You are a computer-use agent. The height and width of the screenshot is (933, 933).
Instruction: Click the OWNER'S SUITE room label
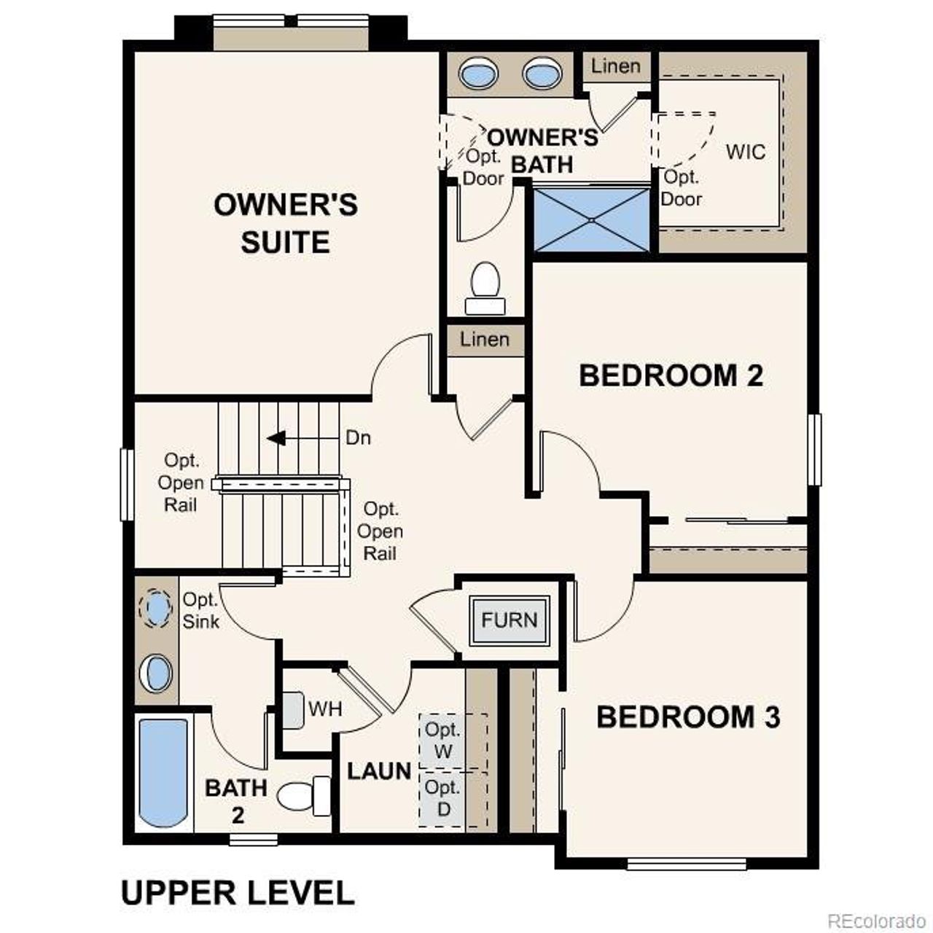pos(285,223)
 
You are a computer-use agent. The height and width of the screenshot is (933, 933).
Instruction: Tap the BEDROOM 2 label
pos(671,375)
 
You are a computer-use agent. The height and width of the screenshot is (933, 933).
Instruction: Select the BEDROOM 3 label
pos(688,717)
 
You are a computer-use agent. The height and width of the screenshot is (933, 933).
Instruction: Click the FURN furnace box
pos(510,620)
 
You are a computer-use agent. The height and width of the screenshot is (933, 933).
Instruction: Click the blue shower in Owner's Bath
pos(592,219)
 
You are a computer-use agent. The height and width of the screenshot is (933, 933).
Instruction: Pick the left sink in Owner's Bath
pos(478,74)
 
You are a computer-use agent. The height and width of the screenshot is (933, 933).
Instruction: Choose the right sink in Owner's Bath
pos(542,74)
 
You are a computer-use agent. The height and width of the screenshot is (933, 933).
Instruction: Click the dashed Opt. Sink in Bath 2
pos(156,608)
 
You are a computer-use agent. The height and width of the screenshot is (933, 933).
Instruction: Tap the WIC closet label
pos(746,152)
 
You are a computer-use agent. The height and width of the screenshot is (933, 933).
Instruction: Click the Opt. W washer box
pos(443,740)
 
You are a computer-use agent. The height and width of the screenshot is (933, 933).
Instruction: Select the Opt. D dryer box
pos(443,798)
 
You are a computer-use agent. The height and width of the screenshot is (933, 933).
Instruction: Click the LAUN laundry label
pos(379,771)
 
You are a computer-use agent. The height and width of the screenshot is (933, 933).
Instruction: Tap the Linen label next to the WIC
pos(616,66)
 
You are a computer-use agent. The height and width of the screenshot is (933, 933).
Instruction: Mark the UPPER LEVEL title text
pos(238,893)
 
